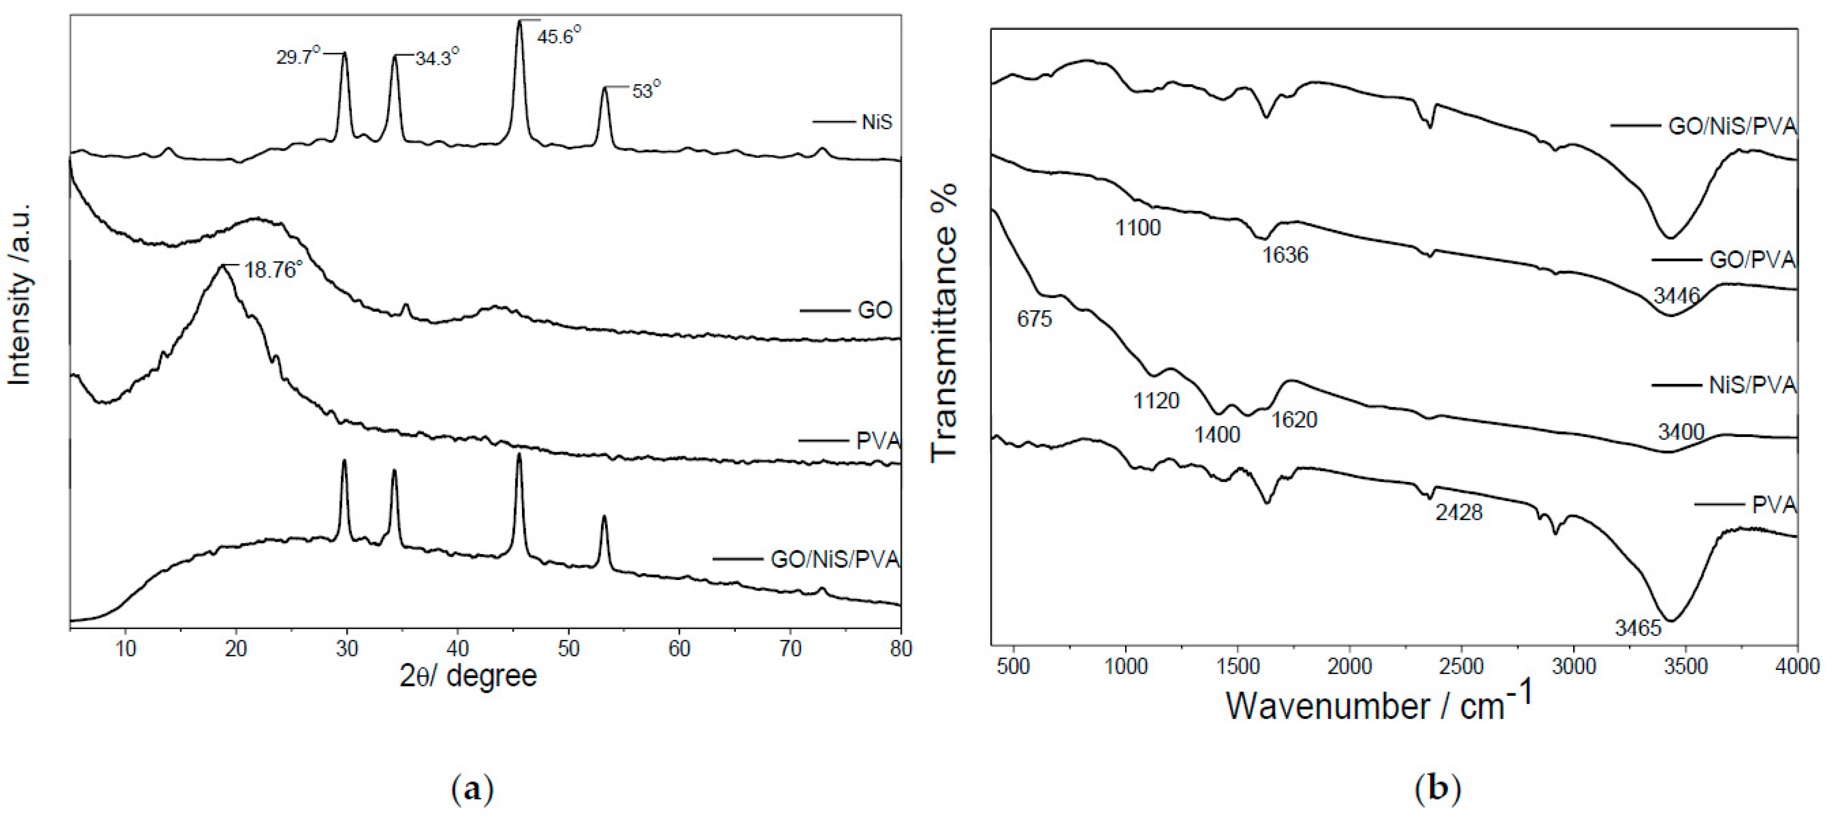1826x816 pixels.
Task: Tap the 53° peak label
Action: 646,91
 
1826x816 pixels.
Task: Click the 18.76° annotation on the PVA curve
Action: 273,270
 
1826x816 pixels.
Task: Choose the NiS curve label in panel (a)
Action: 876,122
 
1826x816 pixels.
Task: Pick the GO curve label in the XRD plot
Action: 875,310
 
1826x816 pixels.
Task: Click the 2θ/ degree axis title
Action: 468,676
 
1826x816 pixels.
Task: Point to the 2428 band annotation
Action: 1459,512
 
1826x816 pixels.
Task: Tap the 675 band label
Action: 1034,319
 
